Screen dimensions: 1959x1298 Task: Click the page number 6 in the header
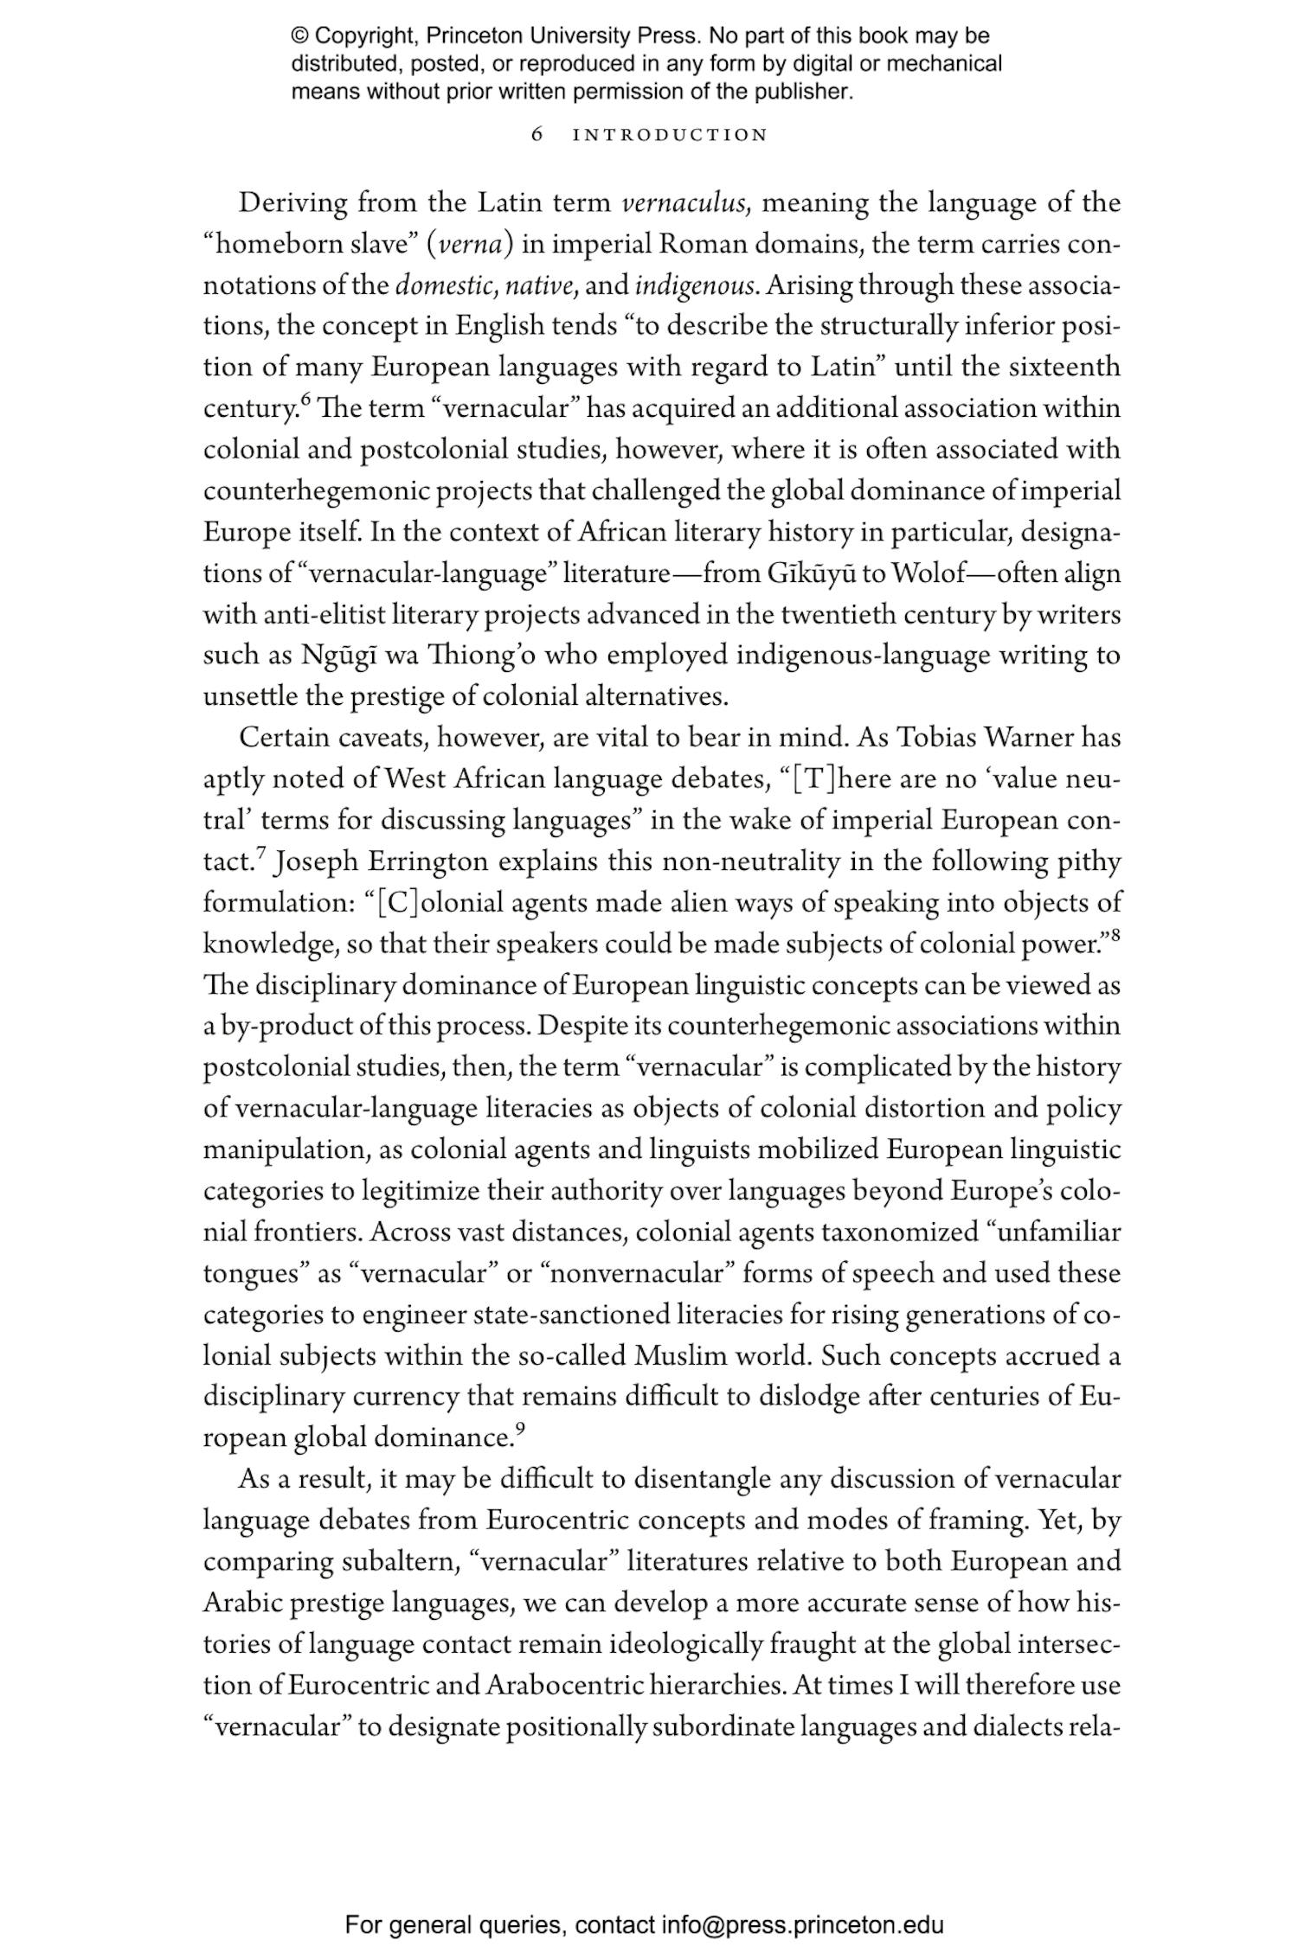click(537, 135)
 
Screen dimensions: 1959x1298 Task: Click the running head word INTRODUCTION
click(671, 136)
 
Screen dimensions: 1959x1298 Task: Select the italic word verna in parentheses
click(470, 245)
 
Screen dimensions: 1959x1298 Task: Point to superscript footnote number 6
click(305, 400)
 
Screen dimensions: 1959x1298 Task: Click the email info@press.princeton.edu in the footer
click(803, 1925)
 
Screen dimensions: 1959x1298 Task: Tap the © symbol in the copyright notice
click(299, 36)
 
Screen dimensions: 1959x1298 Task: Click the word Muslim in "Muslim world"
click(680, 1356)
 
